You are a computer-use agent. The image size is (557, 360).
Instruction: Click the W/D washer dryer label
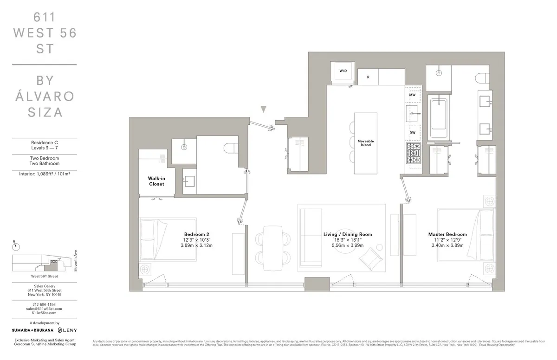343,71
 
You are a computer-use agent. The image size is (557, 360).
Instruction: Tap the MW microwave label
412,95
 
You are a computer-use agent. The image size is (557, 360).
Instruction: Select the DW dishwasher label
412,133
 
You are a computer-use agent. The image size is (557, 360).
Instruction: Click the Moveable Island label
365,143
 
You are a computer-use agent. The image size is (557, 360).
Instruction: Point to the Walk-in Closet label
156,181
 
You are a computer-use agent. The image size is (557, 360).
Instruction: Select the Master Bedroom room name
447,234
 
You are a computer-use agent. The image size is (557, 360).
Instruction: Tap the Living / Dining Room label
347,234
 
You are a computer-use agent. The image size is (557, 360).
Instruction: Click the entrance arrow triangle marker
264,109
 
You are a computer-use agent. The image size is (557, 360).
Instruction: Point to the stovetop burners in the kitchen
413,154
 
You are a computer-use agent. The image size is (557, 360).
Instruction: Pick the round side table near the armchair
379,247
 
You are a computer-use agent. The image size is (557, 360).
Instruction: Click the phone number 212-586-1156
44,304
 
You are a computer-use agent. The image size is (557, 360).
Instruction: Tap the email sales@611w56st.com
44,309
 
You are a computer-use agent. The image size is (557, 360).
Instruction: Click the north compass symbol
14,244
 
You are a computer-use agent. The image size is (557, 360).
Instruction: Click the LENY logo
67,330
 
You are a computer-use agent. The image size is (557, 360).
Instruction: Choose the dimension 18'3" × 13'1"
347,240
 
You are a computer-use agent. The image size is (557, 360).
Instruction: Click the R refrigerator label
368,77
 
